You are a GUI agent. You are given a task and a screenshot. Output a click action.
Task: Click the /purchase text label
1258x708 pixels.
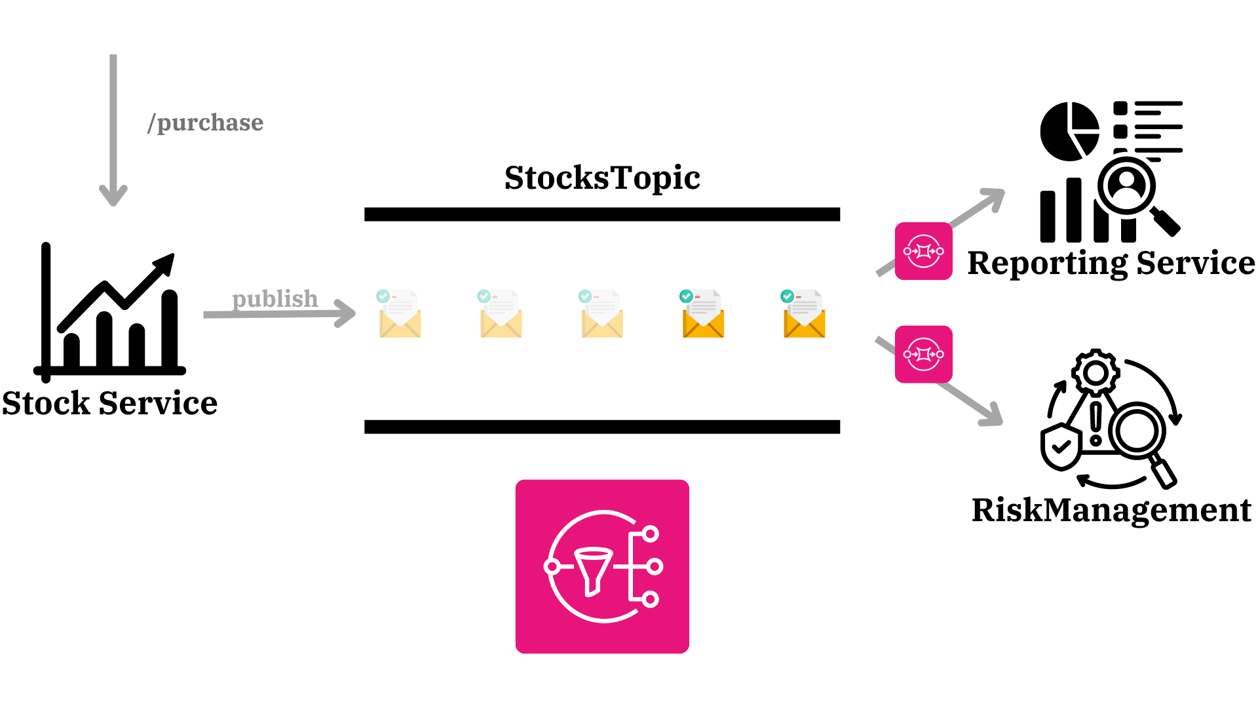(x=205, y=123)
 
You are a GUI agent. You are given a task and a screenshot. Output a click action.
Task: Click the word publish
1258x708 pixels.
(x=275, y=298)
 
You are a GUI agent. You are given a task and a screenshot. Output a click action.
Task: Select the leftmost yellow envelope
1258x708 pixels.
(x=400, y=315)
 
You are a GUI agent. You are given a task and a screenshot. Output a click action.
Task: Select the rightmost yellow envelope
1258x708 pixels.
(x=804, y=315)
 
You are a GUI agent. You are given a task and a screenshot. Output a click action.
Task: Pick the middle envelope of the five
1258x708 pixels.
(x=601, y=315)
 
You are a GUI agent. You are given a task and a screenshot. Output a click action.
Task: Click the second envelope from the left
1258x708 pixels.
(x=501, y=315)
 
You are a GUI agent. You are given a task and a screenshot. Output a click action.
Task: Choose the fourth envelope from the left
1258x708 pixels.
(x=703, y=315)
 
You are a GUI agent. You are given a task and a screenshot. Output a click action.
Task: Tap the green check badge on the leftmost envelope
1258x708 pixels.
(x=383, y=296)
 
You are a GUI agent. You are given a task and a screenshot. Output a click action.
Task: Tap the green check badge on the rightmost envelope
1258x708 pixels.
(x=788, y=296)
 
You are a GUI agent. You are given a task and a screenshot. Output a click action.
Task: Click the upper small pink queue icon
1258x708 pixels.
(x=923, y=251)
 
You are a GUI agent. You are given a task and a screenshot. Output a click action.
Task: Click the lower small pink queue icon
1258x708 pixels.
(x=923, y=354)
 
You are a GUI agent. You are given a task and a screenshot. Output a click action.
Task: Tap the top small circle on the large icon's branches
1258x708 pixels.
(x=650, y=534)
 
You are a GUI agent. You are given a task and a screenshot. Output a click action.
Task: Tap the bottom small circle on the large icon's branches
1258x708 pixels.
(x=650, y=599)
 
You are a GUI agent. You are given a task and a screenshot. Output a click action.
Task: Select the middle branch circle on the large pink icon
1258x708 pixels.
(x=654, y=566)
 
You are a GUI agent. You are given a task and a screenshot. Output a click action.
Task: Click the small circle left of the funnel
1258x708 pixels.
(x=552, y=566)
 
